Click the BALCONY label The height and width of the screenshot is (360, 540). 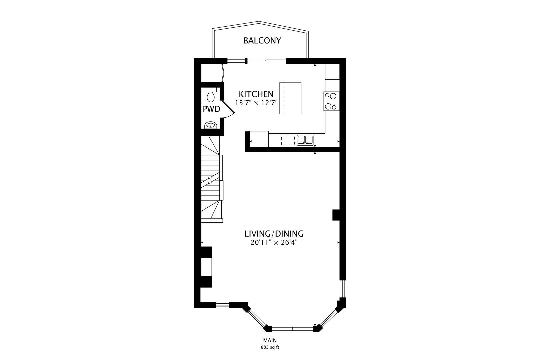[x=262, y=41]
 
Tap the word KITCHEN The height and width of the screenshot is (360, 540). [x=256, y=94]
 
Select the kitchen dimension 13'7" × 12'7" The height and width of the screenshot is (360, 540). [x=256, y=103]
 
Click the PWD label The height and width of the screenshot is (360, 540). [x=211, y=109]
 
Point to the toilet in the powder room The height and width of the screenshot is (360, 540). [x=211, y=95]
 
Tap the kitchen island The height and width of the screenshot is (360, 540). [x=290, y=98]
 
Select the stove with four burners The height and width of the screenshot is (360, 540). [x=331, y=101]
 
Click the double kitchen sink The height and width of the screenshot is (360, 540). [x=305, y=140]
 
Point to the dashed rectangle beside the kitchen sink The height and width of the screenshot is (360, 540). [x=288, y=140]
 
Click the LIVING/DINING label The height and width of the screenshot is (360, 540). [x=274, y=234]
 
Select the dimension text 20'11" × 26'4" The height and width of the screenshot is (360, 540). [x=274, y=243]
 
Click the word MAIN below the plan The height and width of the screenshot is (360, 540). [x=270, y=340]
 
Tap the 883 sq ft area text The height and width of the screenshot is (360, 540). [x=270, y=347]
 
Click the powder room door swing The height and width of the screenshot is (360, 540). [x=228, y=109]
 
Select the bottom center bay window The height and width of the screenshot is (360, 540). [x=293, y=328]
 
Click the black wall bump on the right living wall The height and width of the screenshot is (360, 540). [x=336, y=215]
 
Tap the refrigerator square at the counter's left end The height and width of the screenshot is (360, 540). [x=259, y=139]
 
